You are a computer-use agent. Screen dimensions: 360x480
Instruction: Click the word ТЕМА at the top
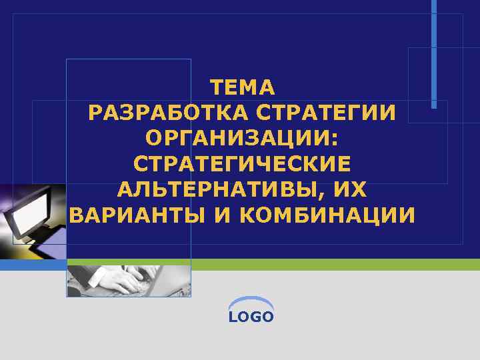pos(242,87)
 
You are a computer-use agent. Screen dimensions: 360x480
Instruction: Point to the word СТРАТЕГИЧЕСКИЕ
pos(242,164)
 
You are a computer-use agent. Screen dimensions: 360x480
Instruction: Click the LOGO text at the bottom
pos(251,317)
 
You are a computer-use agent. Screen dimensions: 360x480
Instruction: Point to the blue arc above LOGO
pos(251,301)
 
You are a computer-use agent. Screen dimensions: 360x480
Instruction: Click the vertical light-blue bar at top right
pos(434,53)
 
